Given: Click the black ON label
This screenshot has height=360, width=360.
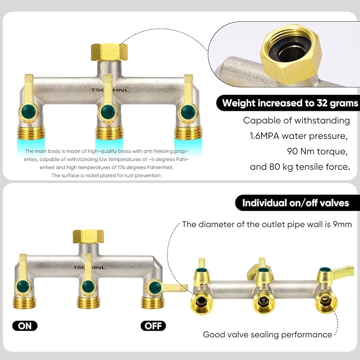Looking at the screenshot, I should click(25, 326).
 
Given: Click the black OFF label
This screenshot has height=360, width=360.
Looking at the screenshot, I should click(153, 326).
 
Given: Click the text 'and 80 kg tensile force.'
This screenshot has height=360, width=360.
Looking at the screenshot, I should click(300, 168).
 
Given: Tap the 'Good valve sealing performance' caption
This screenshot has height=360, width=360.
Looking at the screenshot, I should click(267, 335).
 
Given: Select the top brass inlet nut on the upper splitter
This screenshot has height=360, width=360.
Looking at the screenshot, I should click(108, 52).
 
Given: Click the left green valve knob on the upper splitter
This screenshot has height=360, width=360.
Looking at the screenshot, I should click(25, 112).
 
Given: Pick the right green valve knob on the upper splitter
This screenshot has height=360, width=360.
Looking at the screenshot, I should click(186, 112).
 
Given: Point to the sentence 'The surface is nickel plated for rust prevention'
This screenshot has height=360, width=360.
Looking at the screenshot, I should click(107, 175).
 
